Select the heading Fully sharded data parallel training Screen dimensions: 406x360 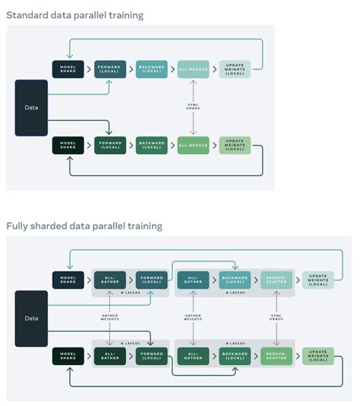(x=84, y=226)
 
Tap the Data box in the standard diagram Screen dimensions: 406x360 (x=31, y=107)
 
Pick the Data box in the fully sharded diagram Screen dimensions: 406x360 (x=31, y=319)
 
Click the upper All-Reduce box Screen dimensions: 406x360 (x=193, y=69)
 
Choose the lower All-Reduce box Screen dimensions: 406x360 (x=193, y=145)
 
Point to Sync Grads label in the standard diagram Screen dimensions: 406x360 (x=193, y=107)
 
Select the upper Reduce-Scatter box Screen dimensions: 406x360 (x=276, y=280)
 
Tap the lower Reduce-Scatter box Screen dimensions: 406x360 (x=276, y=357)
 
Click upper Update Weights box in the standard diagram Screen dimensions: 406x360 (x=234, y=69)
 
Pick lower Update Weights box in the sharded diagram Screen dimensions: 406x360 (x=317, y=357)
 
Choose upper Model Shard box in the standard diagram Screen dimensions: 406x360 (x=68, y=69)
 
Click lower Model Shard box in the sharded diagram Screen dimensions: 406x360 (x=68, y=357)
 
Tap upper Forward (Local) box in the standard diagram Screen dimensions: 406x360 (x=110, y=69)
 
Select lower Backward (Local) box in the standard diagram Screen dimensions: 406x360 (x=152, y=145)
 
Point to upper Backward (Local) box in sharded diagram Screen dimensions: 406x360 (x=235, y=280)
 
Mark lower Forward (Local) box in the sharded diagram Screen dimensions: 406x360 (x=152, y=357)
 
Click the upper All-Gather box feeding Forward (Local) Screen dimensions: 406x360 (x=110, y=280)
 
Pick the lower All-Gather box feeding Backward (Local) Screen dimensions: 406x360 (x=194, y=357)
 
